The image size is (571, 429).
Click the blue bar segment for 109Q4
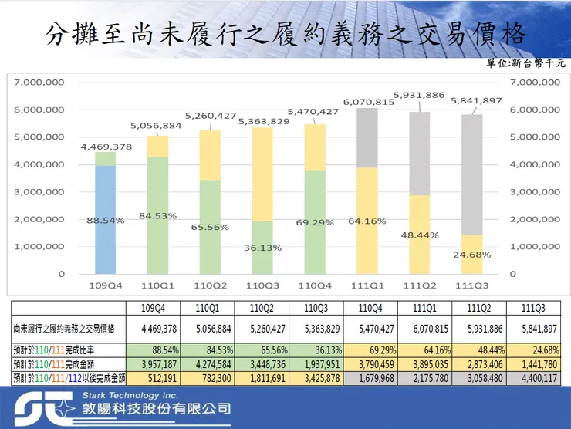(x=105, y=220)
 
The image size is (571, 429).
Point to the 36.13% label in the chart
(x=263, y=248)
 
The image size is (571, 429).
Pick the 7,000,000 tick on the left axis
(x=39, y=82)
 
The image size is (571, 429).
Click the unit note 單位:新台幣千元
(x=525, y=63)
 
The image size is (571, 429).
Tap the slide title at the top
(x=285, y=33)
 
